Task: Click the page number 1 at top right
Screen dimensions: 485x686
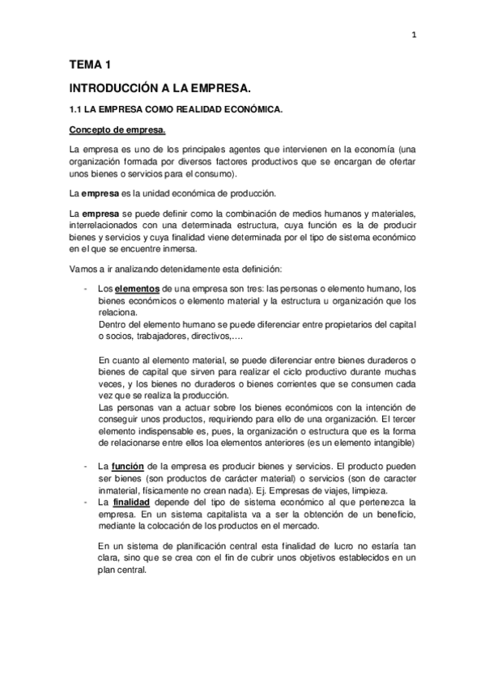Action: [x=413, y=34]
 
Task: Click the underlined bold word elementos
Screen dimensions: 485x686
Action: [x=137, y=289]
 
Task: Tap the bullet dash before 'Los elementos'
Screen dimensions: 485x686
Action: [x=85, y=289]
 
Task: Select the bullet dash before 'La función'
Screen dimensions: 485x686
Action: [x=85, y=467]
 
